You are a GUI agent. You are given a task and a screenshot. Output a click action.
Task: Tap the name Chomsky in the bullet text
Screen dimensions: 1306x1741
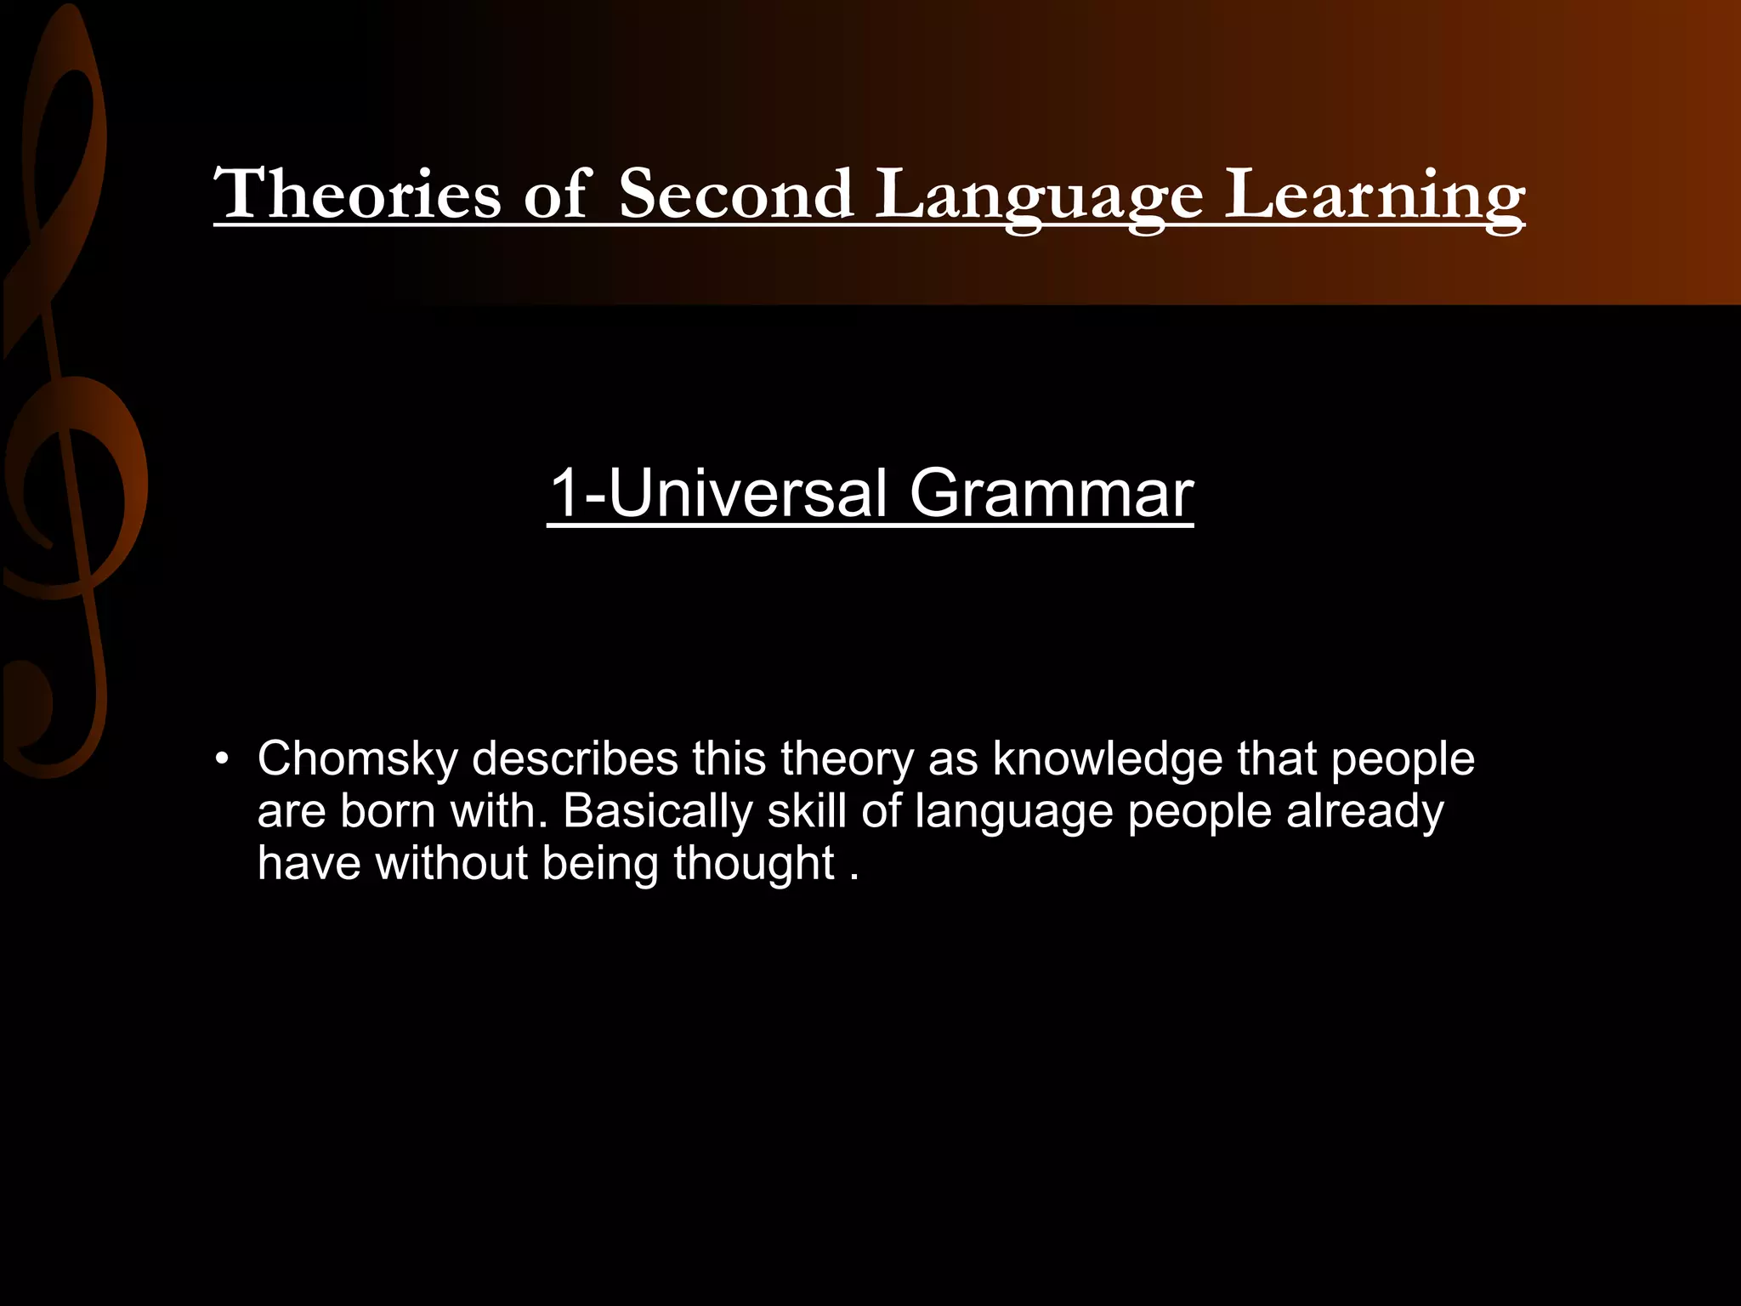click(358, 758)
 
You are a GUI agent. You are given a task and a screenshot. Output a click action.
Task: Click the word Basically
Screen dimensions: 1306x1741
click(657, 812)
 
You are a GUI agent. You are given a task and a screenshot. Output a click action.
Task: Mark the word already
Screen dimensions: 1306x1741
click(1364, 812)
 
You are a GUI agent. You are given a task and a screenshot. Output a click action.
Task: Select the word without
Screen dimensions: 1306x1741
click(451, 863)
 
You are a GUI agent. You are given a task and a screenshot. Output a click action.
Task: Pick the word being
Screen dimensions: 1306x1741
click(600, 865)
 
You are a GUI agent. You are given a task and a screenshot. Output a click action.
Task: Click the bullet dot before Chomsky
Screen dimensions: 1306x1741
click(223, 759)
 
